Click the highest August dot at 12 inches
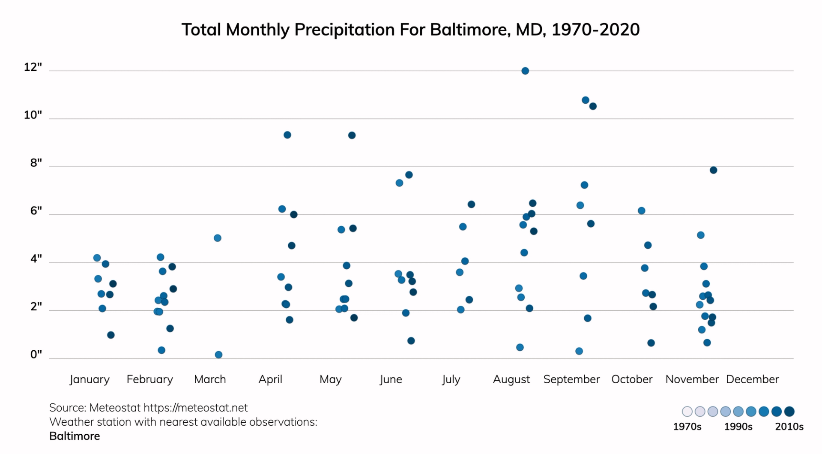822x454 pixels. point(525,71)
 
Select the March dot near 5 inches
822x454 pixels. point(218,238)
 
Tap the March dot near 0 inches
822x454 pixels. point(218,355)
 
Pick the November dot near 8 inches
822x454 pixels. point(713,170)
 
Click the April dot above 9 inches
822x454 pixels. point(287,135)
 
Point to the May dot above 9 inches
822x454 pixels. point(352,135)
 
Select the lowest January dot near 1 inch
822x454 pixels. point(111,335)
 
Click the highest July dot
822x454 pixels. point(471,204)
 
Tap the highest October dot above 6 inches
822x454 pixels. point(641,210)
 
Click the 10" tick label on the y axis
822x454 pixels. point(33,115)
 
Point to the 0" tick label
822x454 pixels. point(36,355)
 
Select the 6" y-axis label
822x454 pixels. point(36,210)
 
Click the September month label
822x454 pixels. point(571,379)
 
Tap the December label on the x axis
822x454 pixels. point(752,379)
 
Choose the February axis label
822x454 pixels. point(149,379)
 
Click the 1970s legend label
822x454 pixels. point(687,427)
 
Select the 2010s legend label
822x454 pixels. point(789,427)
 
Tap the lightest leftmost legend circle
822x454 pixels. point(687,412)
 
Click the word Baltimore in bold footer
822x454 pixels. point(75,436)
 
